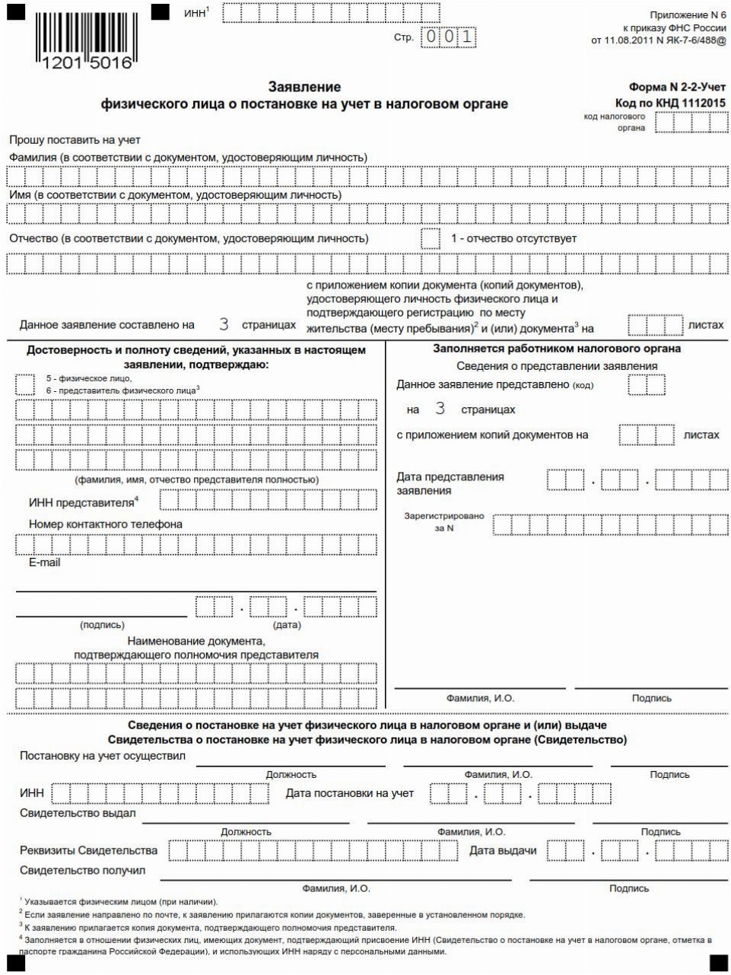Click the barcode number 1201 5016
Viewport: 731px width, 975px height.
click(x=84, y=63)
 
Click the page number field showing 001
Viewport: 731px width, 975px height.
click(x=449, y=37)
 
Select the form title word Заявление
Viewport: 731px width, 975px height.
click(x=304, y=87)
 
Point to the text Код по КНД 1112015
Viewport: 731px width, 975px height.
click(x=670, y=103)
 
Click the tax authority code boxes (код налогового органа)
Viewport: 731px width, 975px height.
click(x=691, y=122)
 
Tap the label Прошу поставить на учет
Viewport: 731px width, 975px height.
click(x=75, y=140)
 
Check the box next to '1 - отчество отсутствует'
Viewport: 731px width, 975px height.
click(x=431, y=238)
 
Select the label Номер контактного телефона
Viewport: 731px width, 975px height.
click(x=106, y=524)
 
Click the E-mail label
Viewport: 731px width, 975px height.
click(x=44, y=562)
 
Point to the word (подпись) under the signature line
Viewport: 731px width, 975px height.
click(x=102, y=624)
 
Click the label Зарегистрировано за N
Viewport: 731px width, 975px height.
click(x=443, y=521)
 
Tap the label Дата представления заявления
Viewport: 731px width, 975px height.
click(x=450, y=483)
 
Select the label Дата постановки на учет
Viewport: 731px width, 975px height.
click(x=350, y=793)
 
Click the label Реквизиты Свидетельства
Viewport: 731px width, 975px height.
click(x=88, y=850)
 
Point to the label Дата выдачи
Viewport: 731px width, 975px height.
click(x=503, y=850)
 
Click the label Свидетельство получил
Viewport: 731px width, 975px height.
click(x=82, y=870)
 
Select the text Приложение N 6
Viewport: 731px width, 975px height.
click(x=688, y=15)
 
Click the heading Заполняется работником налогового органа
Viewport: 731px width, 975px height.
click(x=557, y=349)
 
